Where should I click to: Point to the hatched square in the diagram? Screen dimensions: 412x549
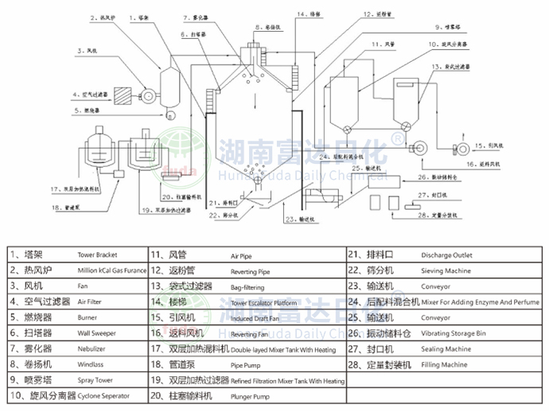125,94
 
